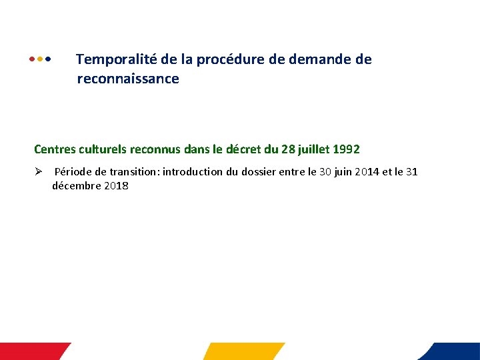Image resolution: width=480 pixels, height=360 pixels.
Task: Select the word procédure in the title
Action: click(235, 59)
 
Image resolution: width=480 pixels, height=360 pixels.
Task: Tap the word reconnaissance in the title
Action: click(128, 79)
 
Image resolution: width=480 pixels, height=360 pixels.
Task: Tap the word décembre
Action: click(76, 186)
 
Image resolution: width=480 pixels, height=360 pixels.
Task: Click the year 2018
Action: click(116, 186)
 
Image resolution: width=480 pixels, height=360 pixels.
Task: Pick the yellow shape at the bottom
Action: click(243, 351)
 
